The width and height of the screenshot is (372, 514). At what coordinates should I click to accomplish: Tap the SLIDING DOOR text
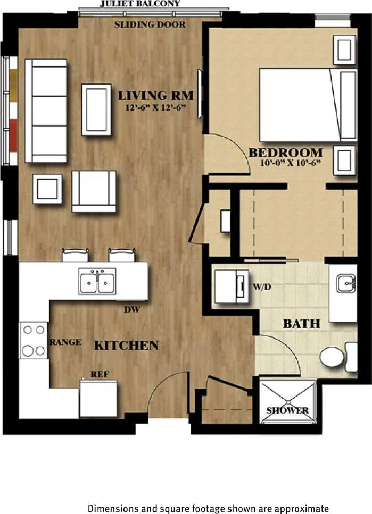click(150, 24)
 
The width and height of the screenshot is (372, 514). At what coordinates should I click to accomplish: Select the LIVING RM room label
click(155, 96)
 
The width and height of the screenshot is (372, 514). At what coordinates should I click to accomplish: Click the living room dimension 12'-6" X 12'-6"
click(155, 109)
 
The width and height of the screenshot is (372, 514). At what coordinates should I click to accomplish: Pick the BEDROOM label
click(286, 153)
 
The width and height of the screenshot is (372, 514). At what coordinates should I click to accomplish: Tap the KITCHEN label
click(126, 346)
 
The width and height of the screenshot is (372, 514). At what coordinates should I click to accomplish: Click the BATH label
click(301, 323)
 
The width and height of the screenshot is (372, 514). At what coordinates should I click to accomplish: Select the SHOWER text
click(287, 410)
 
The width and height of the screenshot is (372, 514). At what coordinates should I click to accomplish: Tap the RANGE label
click(65, 342)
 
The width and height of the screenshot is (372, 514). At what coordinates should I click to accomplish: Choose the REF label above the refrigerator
click(100, 374)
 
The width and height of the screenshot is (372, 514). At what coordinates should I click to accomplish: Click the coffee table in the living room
click(96, 109)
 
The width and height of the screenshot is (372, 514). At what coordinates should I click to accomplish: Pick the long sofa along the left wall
click(46, 111)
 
